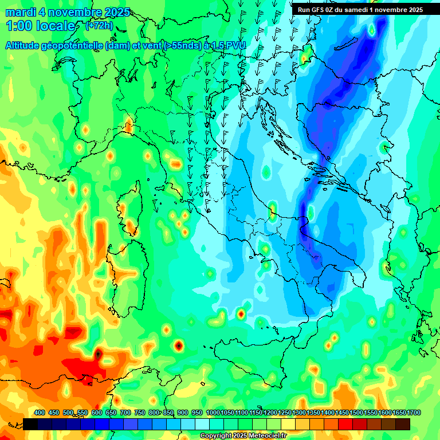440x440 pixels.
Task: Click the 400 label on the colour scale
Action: tap(40, 412)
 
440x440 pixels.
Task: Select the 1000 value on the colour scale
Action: tap(213, 412)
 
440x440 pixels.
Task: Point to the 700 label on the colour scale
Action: tap(125, 412)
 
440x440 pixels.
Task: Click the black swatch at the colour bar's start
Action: tap(30, 424)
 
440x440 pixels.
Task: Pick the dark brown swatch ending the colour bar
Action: tap(403, 424)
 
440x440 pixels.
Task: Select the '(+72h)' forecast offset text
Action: tap(99, 26)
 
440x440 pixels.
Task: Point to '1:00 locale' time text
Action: tap(40, 26)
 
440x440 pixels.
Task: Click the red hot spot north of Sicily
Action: tap(241, 313)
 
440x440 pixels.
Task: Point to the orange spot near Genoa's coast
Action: tap(128, 124)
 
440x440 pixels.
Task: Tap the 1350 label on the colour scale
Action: tap(313, 412)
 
